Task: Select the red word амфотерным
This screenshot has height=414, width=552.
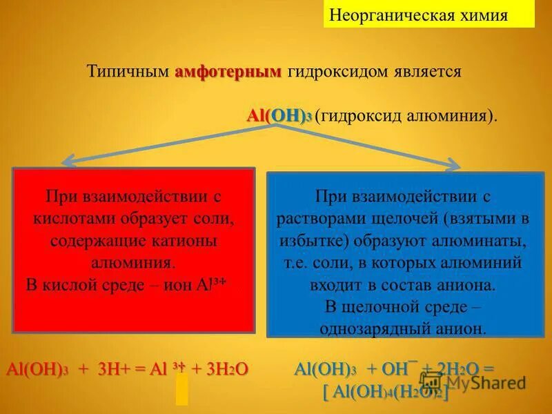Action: coord(228,72)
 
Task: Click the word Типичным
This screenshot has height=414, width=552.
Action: coord(128,72)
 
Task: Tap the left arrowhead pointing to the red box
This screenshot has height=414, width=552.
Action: coord(68,163)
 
